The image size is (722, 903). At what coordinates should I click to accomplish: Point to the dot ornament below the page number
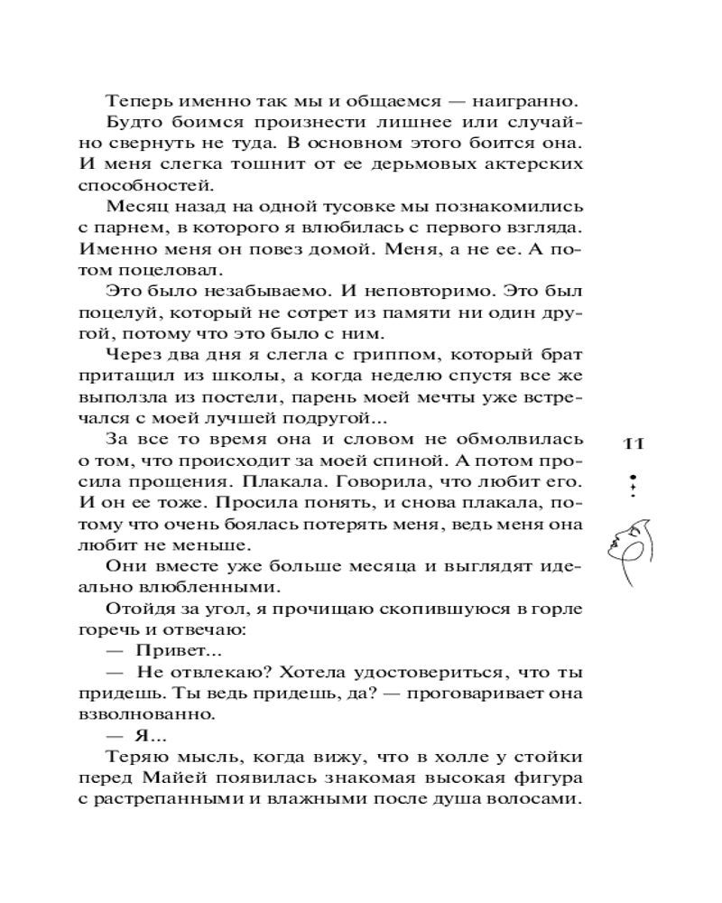[x=634, y=485]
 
